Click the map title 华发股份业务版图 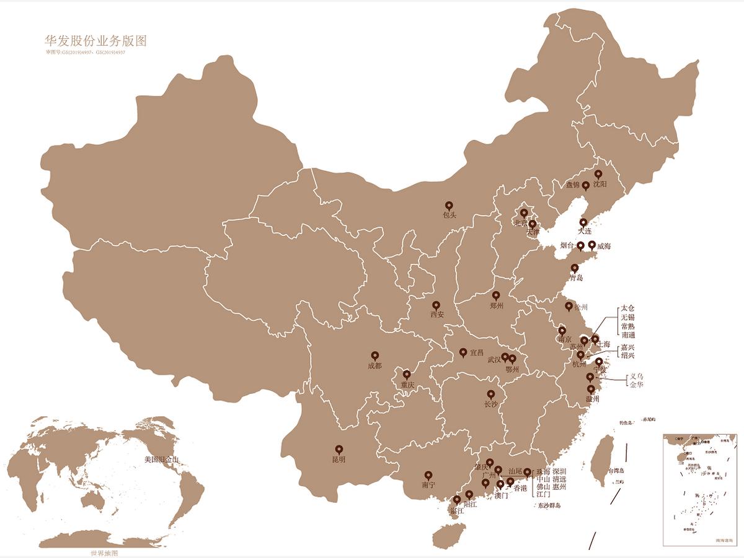click(95, 41)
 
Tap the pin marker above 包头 click(449, 206)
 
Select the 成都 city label click(374, 366)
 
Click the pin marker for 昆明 click(339, 450)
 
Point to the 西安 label click(437, 315)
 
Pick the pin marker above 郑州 click(496, 295)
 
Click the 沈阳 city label click(600, 185)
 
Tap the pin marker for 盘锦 click(585, 185)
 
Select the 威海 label click(604, 246)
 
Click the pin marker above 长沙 click(491, 394)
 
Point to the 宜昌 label click(476, 353)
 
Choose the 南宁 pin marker click(428, 475)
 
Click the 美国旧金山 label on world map click(161, 460)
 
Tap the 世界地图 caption click(104, 553)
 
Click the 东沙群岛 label click(549, 506)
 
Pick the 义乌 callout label click(636, 376)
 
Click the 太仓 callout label click(628, 308)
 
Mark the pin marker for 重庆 click(407, 374)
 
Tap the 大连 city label click(585, 231)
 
